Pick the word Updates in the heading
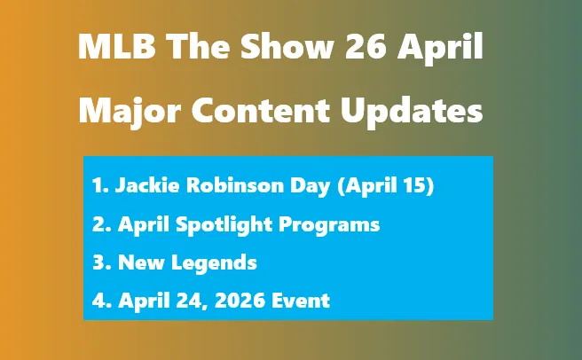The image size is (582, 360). [x=413, y=111]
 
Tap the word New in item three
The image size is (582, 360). [x=138, y=262]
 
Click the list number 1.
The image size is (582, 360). [x=98, y=186]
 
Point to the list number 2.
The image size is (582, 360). [x=98, y=224]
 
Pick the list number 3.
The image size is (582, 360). [x=98, y=262]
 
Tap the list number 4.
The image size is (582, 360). [x=98, y=301]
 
